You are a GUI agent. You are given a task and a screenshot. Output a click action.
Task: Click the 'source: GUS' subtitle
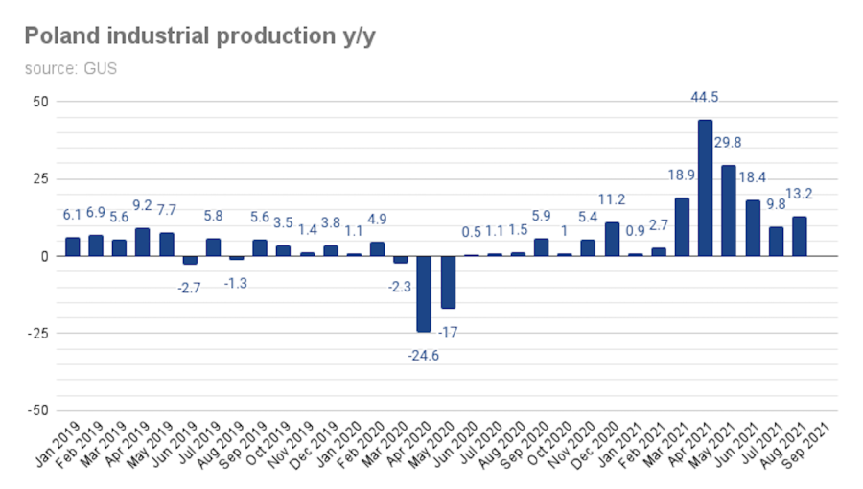coord(70,69)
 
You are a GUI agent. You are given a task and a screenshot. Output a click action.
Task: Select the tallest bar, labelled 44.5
coord(705,188)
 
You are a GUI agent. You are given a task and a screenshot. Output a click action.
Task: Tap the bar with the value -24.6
coord(424,293)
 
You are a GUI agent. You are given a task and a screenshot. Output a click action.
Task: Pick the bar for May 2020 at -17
coord(447,282)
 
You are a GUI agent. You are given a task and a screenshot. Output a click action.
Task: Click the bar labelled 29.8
coord(729,211)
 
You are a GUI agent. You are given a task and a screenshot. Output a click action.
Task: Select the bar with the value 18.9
coord(682,227)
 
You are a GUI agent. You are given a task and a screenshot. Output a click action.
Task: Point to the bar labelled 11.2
coord(612,239)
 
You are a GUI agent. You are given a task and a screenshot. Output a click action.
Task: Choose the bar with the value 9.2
coord(142,242)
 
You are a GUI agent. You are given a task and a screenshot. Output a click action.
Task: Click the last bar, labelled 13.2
coord(799,236)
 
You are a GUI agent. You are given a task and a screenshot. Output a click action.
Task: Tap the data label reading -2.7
coord(190,287)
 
